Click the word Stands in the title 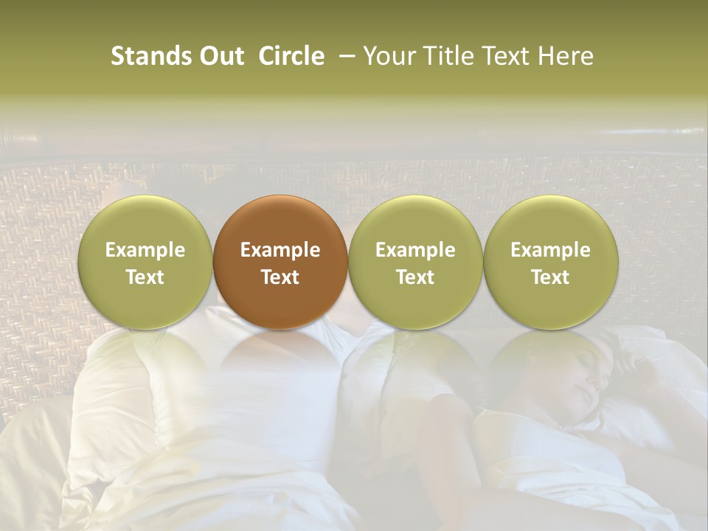(150, 56)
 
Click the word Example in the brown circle (280, 250)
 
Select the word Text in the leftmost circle (145, 277)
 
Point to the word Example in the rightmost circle (551, 250)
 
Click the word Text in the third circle (415, 277)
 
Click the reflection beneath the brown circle (280, 361)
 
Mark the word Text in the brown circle (280, 277)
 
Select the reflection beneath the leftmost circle (145, 361)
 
